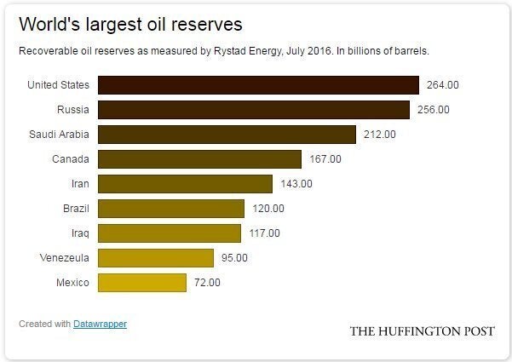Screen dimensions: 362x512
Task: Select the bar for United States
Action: [x=258, y=84]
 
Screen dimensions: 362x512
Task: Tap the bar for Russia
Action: [x=254, y=109]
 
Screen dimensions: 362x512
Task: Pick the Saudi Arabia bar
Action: [x=227, y=134]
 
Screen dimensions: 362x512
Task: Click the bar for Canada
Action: [x=199, y=158]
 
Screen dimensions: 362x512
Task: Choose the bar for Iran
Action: [x=185, y=183]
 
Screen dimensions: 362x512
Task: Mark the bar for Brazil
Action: [x=171, y=208]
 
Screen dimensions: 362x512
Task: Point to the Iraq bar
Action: [x=170, y=233]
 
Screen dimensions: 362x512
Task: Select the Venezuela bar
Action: [x=156, y=257]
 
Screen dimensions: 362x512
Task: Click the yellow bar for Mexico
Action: [x=142, y=282]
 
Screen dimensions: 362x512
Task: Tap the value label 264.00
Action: [x=443, y=84]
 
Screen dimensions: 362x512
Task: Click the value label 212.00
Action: [x=379, y=134]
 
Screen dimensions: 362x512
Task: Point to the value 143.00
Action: [x=296, y=183]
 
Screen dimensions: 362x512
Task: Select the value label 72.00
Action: [x=206, y=282]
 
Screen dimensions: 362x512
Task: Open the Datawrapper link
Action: [x=100, y=324]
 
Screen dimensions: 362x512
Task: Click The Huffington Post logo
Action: [x=422, y=330]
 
